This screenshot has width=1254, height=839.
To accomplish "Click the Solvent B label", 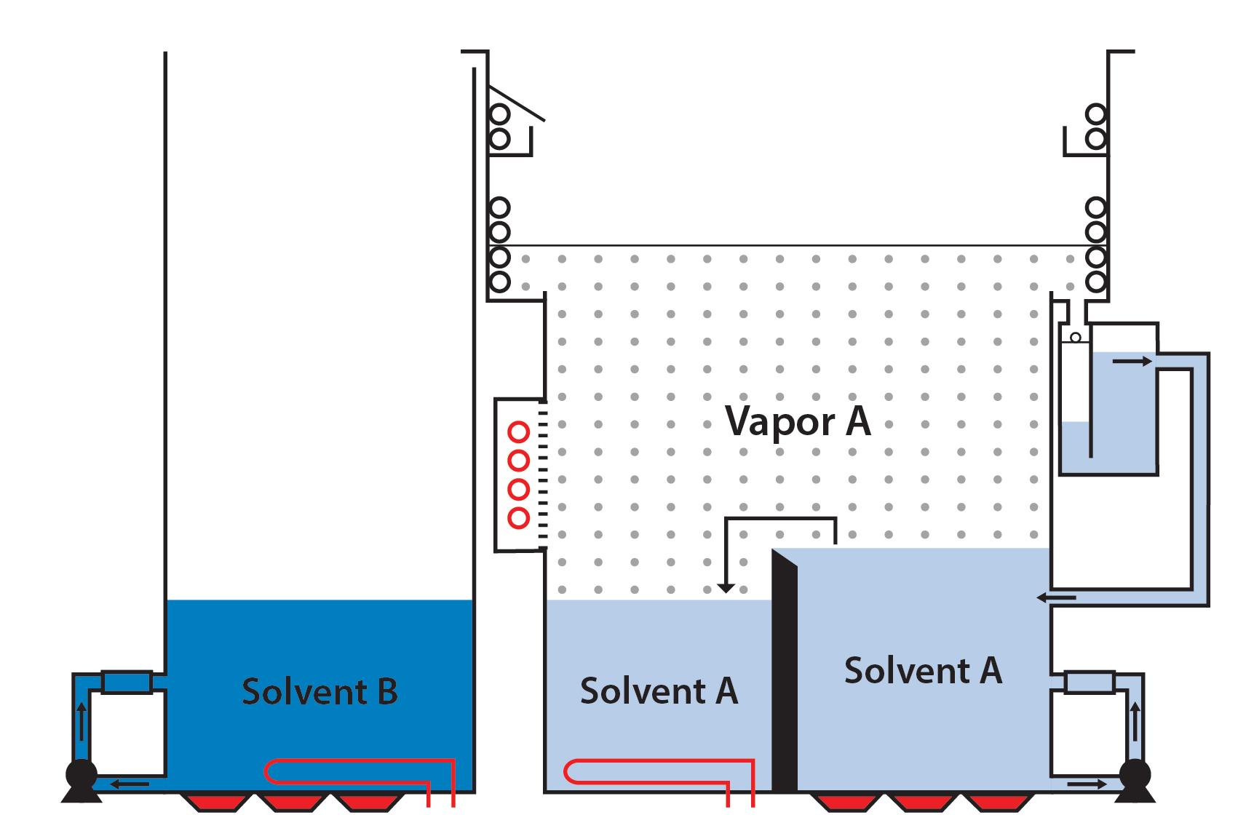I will tap(320, 691).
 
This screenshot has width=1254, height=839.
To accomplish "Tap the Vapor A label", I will tap(798, 421).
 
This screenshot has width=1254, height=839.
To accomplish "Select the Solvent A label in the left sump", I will tap(659, 691).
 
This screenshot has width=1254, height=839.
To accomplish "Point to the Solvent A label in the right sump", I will tap(923, 670).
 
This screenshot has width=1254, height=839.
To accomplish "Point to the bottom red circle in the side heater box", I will tap(518, 518).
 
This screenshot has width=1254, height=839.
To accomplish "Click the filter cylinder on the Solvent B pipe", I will tap(127, 683).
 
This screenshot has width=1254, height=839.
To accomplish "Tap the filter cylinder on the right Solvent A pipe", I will tap(1089, 683).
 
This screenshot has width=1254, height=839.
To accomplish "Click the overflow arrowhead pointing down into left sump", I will tap(725, 587).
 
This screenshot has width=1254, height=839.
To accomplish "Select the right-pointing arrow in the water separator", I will tap(1133, 360).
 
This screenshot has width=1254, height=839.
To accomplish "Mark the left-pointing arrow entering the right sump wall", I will tap(1056, 598).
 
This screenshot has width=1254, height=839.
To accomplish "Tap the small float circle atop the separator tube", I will tap(1075, 338).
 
